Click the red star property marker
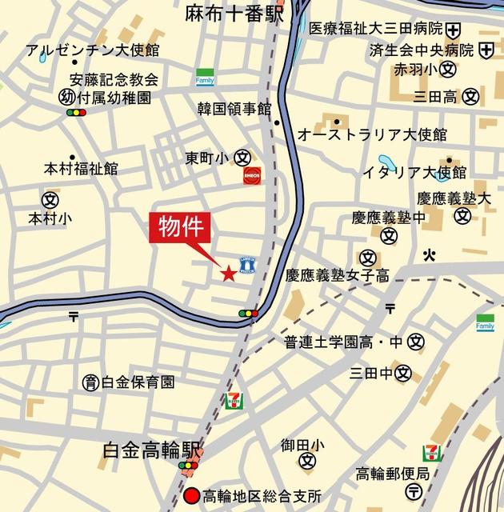[228, 274]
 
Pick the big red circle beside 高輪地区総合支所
[190, 494]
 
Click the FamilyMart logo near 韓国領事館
[206, 77]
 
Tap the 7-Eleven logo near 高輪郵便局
[431, 454]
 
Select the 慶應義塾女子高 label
[338, 276]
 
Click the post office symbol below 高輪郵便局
[414, 490]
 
